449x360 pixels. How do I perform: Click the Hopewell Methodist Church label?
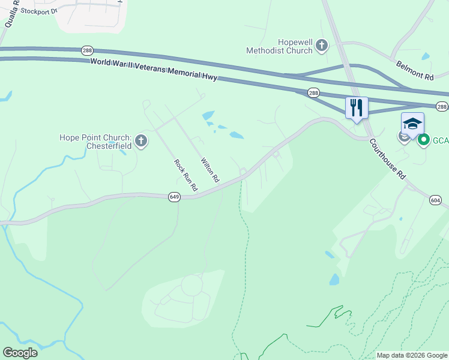[279, 46]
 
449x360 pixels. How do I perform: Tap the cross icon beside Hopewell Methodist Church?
[322, 45]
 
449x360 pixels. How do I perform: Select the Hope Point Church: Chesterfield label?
[95, 142]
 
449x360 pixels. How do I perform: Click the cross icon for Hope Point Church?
[141, 142]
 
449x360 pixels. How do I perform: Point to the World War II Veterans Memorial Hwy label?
[154, 70]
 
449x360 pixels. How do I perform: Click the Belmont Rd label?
[415, 70]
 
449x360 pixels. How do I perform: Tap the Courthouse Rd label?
[388, 157]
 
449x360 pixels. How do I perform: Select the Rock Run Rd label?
[185, 175]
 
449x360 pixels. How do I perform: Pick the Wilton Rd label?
[210, 171]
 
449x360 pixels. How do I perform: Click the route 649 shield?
[174, 197]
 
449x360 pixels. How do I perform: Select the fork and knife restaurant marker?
[357, 108]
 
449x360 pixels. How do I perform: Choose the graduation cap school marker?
[412, 124]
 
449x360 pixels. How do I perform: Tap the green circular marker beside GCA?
[423, 140]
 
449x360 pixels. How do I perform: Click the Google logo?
[20, 353]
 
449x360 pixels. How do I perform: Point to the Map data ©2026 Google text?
[412, 355]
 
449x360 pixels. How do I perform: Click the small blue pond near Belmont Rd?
[425, 56]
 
